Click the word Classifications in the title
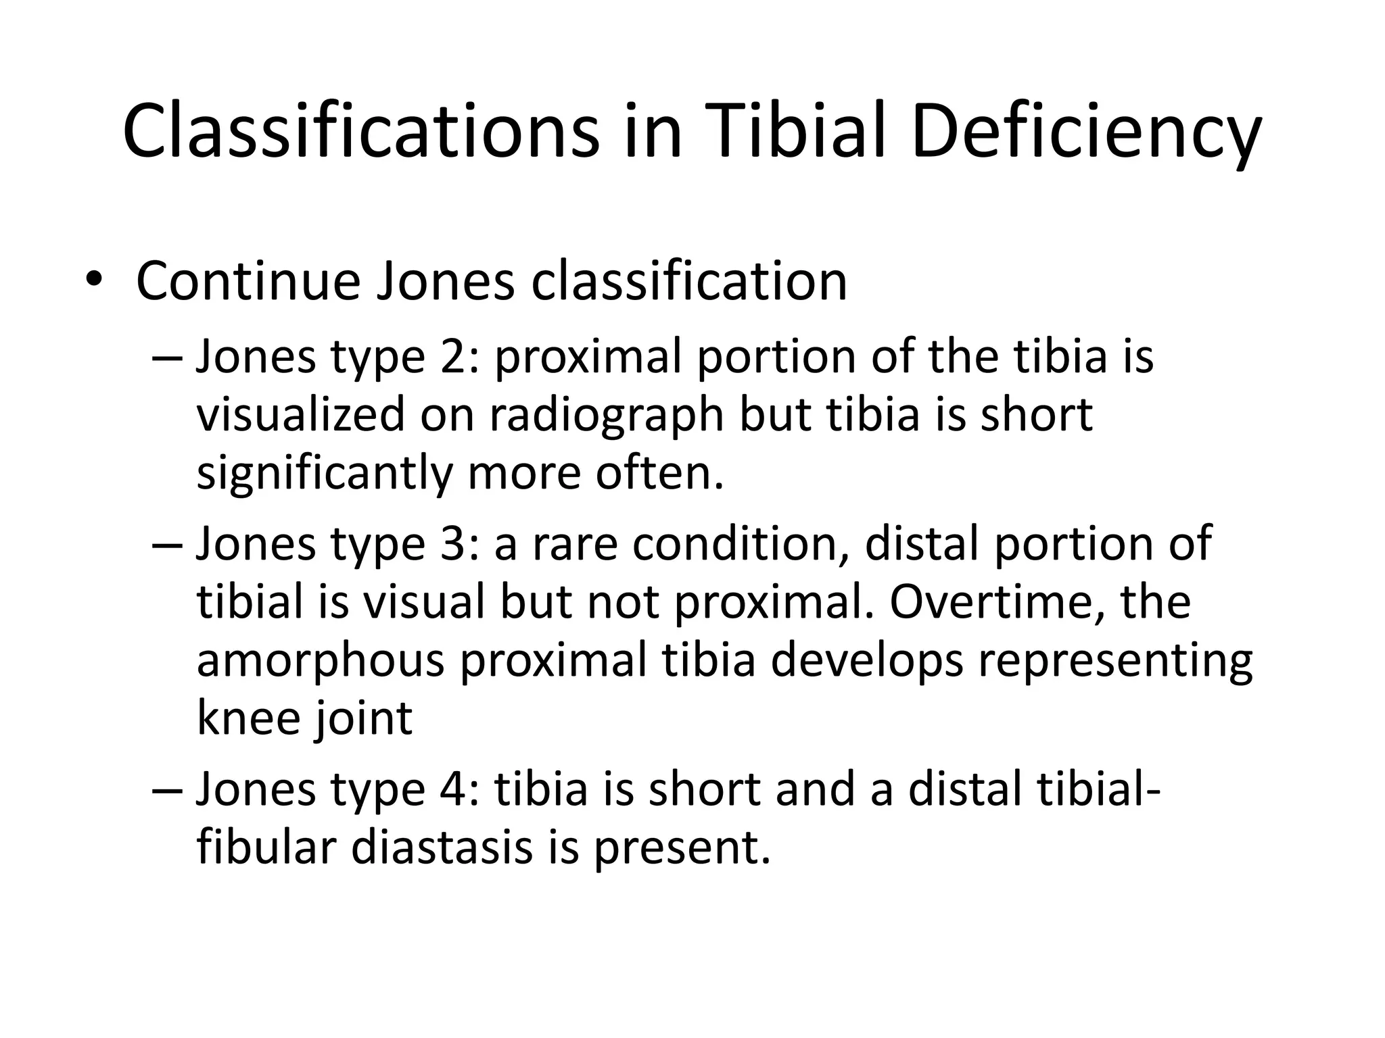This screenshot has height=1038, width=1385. [x=361, y=130]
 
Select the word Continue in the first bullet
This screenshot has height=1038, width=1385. [x=248, y=281]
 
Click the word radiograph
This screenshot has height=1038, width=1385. [x=606, y=415]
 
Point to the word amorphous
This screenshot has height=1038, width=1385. [x=321, y=660]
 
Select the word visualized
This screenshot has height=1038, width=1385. [x=300, y=415]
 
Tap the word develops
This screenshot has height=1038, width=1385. [x=866, y=660]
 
